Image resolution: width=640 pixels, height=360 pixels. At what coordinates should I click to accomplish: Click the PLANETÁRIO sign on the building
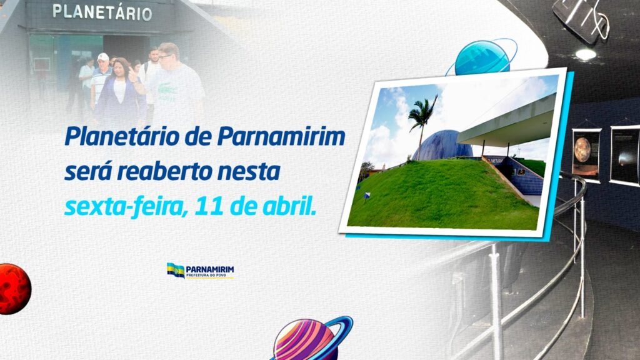pyautogui.click(x=102, y=12)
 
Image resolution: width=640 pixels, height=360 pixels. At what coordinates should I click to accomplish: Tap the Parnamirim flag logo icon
pyautogui.click(x=176, y=270)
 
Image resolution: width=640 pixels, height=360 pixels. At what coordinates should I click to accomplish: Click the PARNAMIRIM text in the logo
pyautogui.click(x=210, y=269)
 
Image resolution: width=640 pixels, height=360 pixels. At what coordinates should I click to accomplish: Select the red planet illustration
pyautogui.click(x=14, y=289)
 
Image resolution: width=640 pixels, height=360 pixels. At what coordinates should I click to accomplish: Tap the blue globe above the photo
pyautogui.click(x=482, y=58)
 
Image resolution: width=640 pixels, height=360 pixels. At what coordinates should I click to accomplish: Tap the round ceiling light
pyautogui.click(x=586, y=54)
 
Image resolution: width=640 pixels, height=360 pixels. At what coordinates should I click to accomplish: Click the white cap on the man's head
pyautogui.click(x=103, y=57)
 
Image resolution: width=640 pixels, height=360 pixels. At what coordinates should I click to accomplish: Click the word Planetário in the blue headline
pyautogui.click(x=122, y=136)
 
